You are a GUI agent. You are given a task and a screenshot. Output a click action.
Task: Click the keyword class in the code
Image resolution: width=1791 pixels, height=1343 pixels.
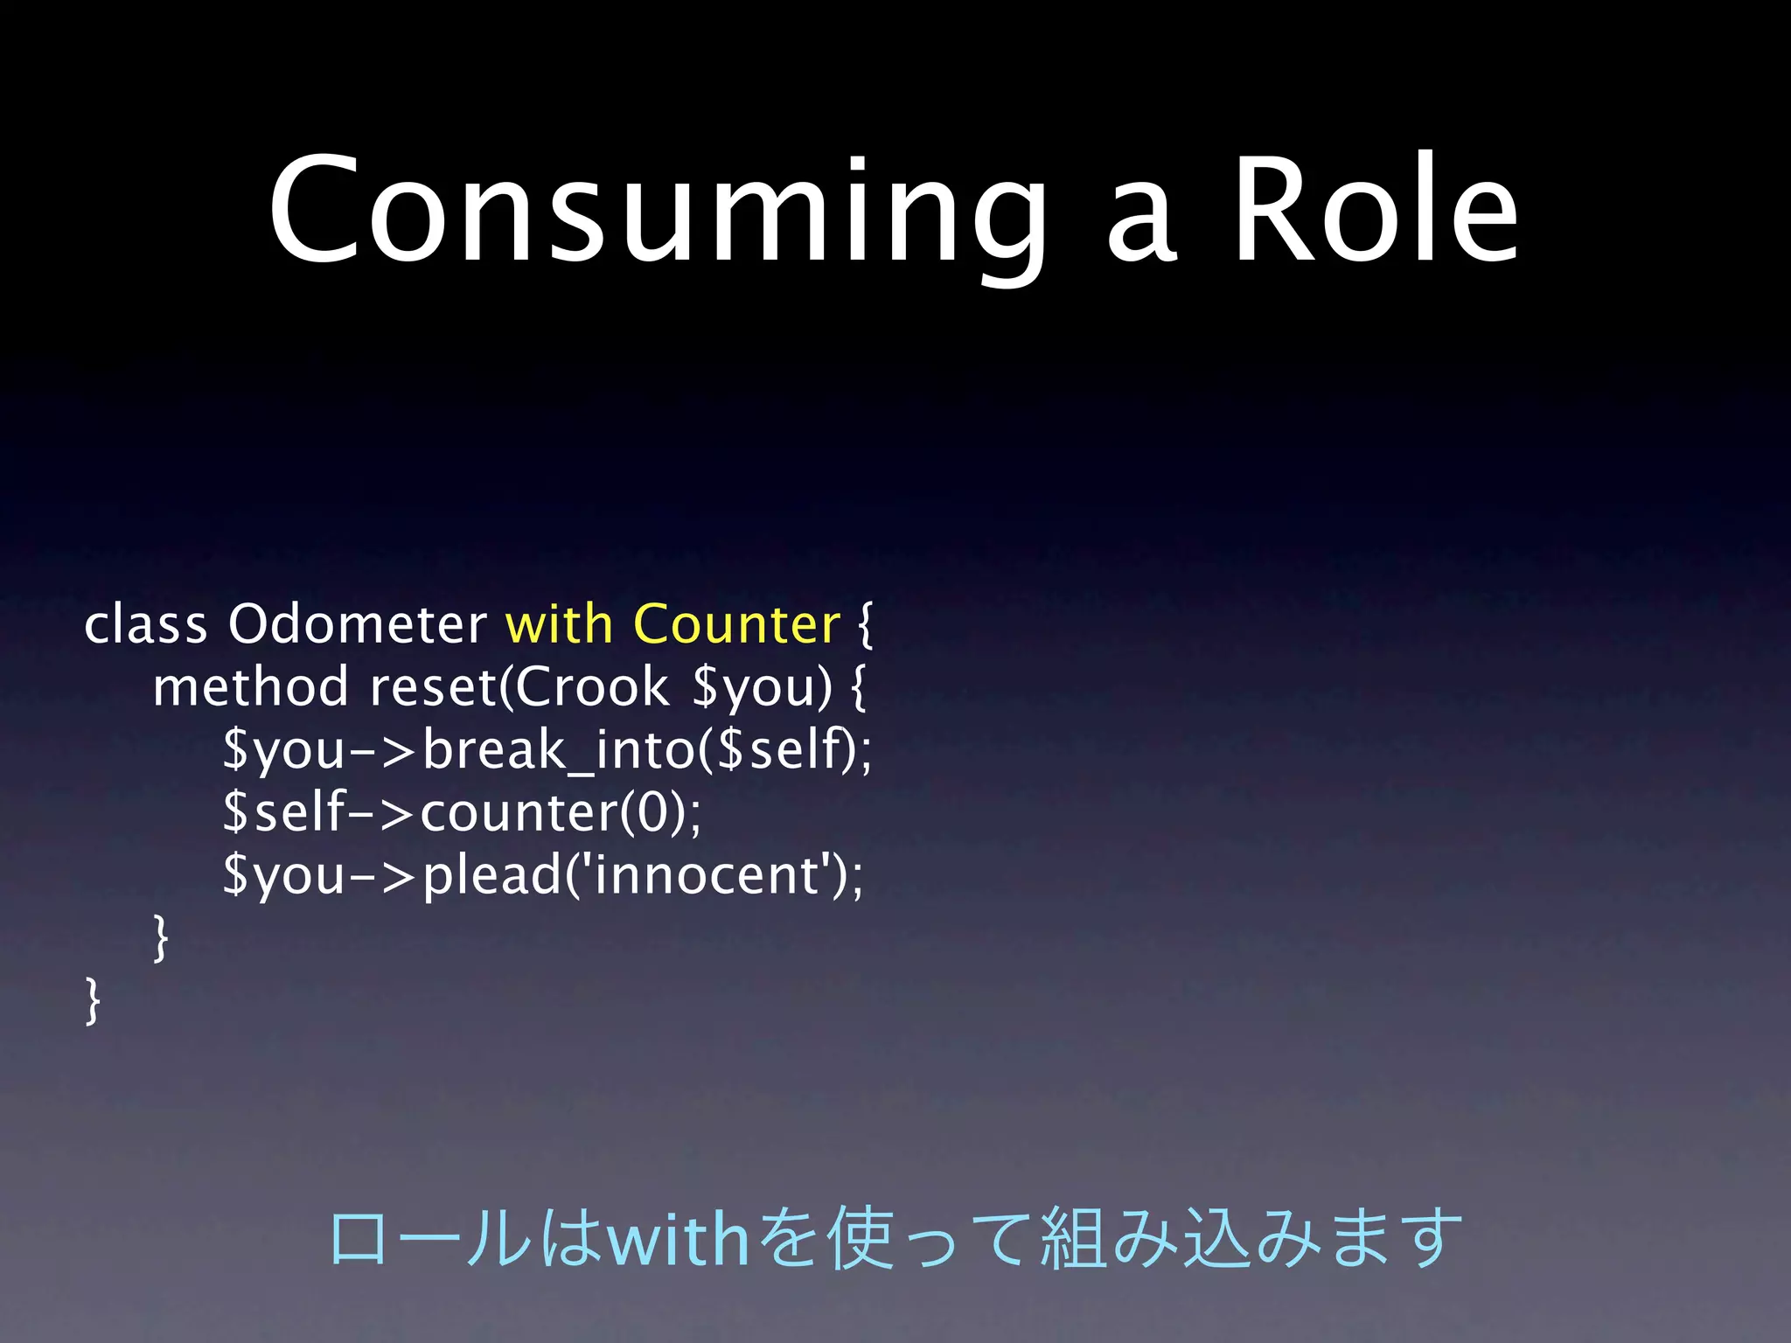point(145,625)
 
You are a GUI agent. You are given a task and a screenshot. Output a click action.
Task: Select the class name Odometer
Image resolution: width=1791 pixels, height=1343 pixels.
point(357,625)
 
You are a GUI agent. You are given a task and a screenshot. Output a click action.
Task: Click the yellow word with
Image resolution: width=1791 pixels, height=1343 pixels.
point(559,625)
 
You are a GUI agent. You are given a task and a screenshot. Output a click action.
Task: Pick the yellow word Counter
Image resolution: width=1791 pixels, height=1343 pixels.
point(735,625)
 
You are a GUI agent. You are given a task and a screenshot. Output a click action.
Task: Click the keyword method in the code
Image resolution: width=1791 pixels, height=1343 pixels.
point(250,687)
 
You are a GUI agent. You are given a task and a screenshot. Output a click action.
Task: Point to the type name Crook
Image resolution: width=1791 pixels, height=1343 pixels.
point(591,687)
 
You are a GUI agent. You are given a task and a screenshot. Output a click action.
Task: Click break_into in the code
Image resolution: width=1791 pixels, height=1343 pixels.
point(558,750)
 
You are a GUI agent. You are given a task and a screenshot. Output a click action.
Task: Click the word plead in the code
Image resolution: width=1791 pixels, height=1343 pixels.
point(491,875)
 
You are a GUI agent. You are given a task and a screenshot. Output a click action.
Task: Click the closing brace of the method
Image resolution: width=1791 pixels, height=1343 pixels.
point(160,938)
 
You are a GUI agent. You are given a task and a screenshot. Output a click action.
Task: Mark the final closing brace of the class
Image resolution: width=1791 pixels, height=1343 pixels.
point(92,1001)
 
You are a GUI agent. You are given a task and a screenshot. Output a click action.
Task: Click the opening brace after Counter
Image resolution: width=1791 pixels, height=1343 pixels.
point(865,625)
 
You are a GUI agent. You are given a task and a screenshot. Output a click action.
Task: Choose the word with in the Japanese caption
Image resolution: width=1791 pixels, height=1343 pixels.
point(678,1240)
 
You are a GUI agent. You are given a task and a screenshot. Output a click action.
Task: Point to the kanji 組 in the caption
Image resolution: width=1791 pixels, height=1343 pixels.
point(1074,1240)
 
